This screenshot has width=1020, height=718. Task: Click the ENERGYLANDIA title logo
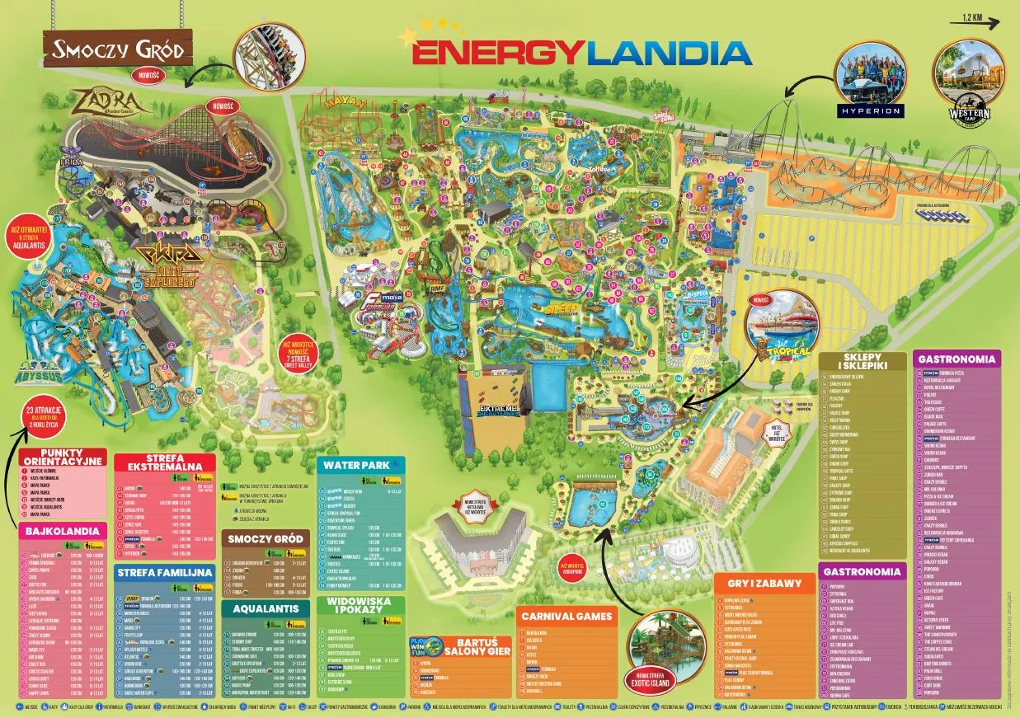(581, 52)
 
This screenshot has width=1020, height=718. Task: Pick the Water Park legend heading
(360, 466)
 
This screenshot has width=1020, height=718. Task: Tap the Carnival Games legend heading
(578, 616)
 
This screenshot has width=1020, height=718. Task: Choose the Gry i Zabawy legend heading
(764, 583)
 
